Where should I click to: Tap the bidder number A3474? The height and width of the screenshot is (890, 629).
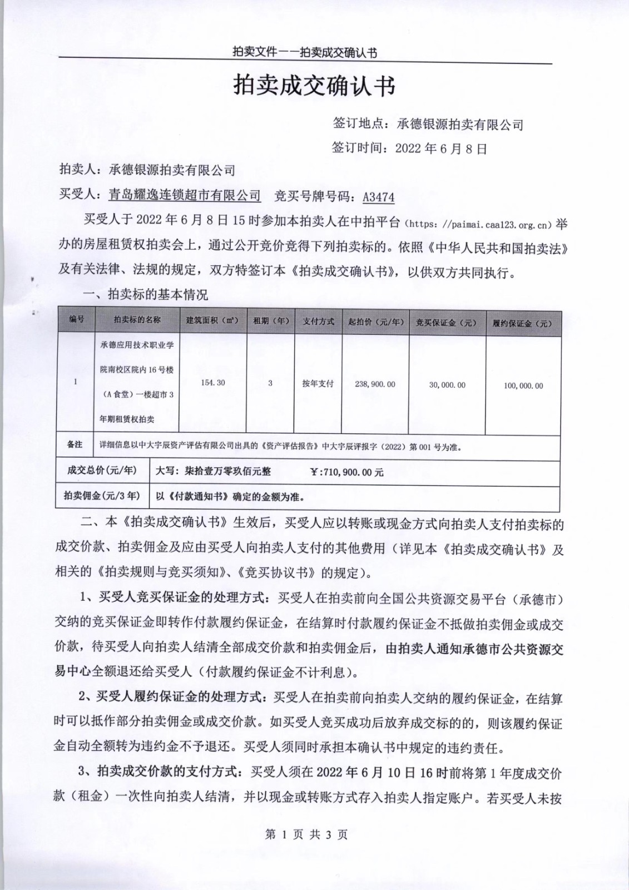point(378,197)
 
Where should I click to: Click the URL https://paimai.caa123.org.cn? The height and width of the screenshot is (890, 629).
point(479,225)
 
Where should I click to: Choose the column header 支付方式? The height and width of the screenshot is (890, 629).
point(319,322)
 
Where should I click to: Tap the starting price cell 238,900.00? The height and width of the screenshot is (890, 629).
point(375,384)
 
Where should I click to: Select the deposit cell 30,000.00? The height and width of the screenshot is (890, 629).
point(447,385)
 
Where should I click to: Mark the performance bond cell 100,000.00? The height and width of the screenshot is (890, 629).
point(523,385)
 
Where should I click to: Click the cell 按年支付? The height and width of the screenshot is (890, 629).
point(318,383)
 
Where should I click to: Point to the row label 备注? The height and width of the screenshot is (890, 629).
point(75,445)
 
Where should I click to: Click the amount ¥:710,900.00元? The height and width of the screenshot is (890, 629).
point(346,472)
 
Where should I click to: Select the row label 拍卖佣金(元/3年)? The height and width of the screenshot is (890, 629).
point(102,496)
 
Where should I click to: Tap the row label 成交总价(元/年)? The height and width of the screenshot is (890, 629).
point(102,471)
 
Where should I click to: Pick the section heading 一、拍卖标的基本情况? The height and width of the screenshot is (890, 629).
point(145,294)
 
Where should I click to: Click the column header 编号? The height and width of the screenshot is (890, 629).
point(77,320)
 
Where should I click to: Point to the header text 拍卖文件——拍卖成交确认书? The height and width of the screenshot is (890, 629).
point(305,53)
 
